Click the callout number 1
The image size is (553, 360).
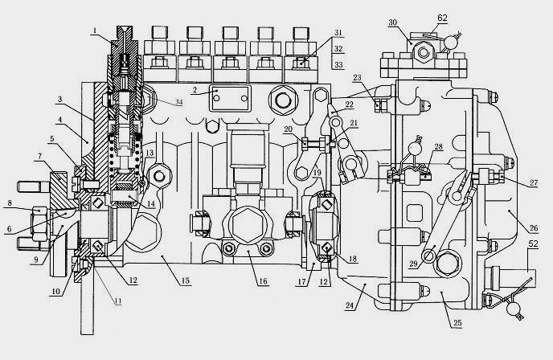[95, 31]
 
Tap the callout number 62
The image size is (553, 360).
[442, 18]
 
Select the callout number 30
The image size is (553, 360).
[392, 22]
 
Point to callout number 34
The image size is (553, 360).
[179, 102]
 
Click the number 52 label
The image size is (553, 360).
[533, 243]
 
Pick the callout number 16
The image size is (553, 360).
[263, 281]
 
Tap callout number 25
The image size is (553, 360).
[457, 322]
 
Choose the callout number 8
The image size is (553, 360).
[10, 203]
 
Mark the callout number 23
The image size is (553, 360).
[357, 78]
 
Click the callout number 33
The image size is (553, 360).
[338, 65]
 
